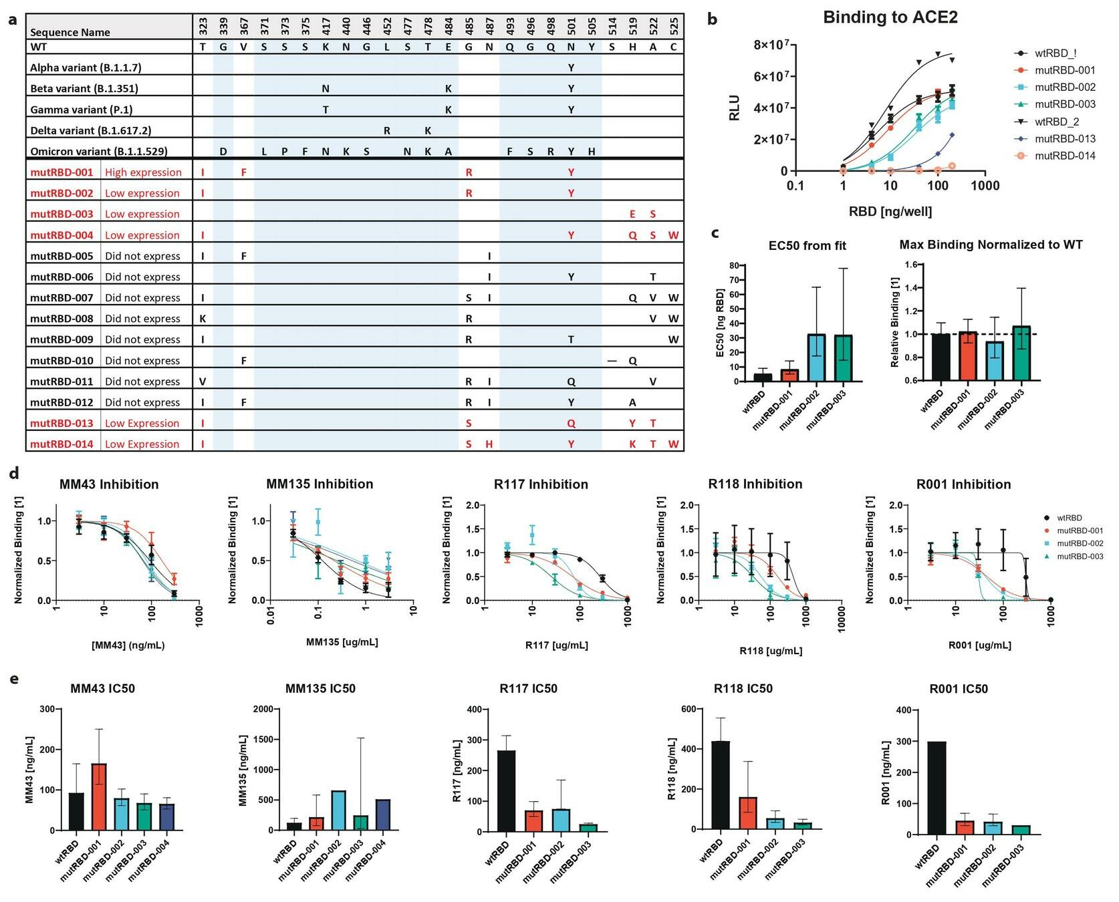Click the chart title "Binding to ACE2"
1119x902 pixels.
pos(890,17)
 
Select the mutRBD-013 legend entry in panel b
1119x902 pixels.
pos(1065,139)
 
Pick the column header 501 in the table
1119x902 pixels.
pos(571,26)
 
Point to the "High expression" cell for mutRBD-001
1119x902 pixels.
pos(143,172)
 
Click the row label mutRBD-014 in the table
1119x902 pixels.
pos(61,444)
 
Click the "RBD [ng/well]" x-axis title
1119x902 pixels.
pos(890,212)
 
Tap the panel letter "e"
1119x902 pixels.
pos(14,680)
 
